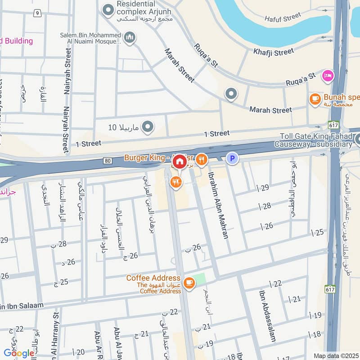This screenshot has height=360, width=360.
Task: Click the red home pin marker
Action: [x=180, y=161]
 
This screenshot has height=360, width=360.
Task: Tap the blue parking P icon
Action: [x=232, y=158]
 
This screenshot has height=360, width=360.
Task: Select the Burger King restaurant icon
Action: [x=201, y=158]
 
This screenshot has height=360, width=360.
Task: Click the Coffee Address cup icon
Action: [x=189, y=283]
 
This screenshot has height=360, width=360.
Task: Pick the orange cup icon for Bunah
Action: [x=315, y=98]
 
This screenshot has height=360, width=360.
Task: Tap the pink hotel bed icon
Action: [x=328, y=76]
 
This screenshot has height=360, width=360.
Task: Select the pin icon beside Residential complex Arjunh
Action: [x=108, y=9]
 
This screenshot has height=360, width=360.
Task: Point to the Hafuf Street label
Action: [x=282, y=17]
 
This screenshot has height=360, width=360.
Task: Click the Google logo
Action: [x=19, y=353]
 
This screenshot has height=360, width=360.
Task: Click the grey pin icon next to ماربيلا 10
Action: [x=147, y=127]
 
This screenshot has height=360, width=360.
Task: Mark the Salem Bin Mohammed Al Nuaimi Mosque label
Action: [x=90, y=39]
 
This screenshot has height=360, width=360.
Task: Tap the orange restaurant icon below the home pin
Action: [x=175, y=182]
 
